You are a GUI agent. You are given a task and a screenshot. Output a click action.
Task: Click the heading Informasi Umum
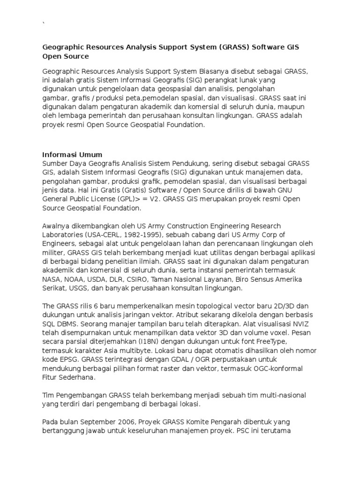72,154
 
